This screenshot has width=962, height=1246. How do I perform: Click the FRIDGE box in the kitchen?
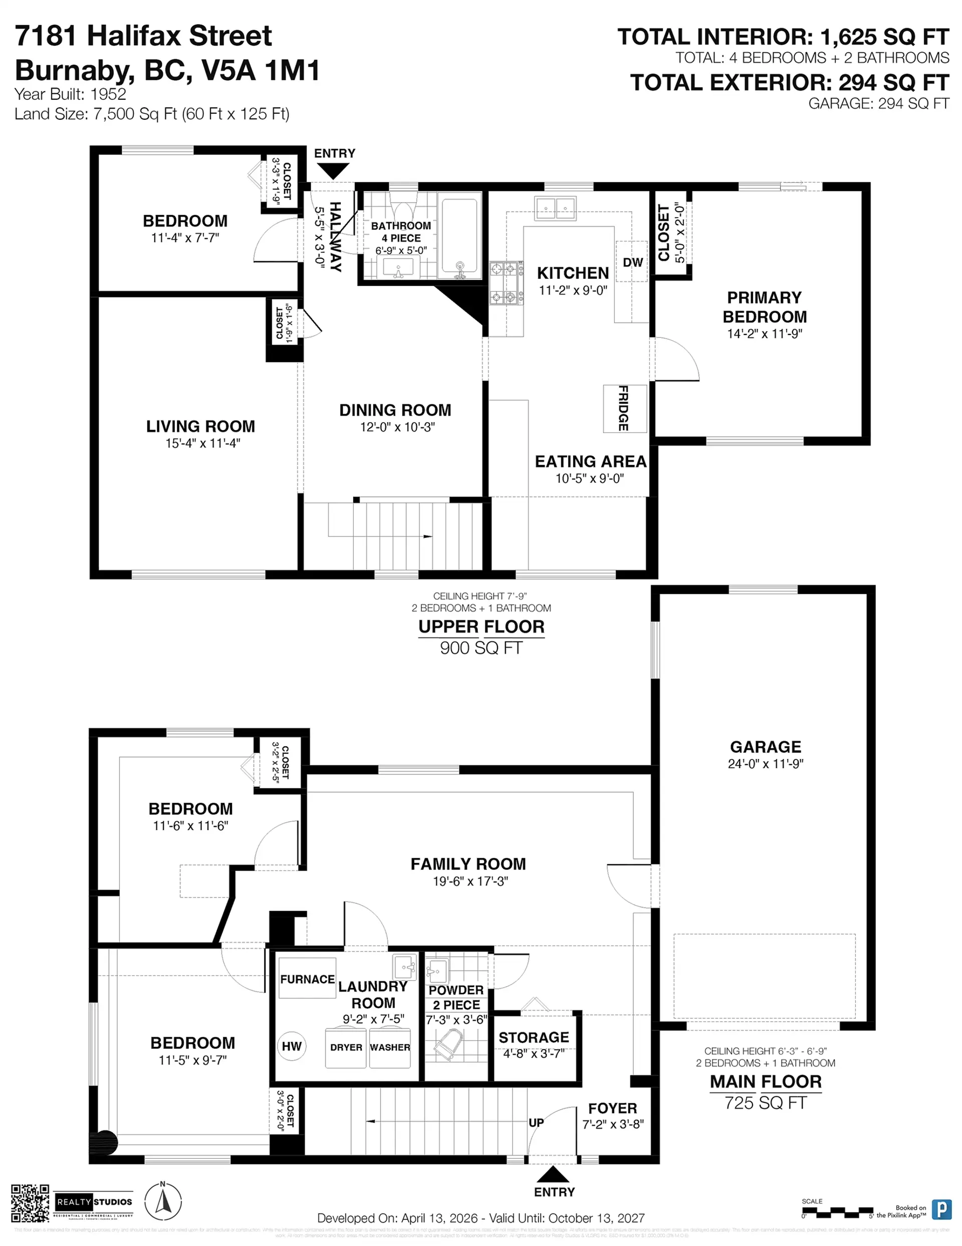pos(625,409)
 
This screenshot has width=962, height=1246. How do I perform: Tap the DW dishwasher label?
pos(632,262)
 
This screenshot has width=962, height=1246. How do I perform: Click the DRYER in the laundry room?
pos(346,1047)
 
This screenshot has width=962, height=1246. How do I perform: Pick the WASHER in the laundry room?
pos(390,1047)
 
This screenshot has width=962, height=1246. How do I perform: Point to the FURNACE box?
pos(307,979)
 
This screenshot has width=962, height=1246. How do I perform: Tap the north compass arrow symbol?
pos(163,1203)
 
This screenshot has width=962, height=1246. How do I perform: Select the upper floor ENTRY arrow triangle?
pos(333,170)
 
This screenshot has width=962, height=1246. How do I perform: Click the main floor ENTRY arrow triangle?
pos(553,1174)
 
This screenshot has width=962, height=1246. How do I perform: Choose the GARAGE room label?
pos(765,747)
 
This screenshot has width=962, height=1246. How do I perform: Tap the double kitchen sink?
pos(556,208)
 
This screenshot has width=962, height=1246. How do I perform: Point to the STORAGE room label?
pos(534,1037)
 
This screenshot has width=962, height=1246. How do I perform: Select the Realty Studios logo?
pos(94,1202)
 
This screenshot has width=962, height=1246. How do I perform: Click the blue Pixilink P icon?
pos(941,1209)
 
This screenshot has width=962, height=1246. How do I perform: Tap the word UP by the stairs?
pos(536,1122)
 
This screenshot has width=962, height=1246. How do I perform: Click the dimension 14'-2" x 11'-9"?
pos(764,334)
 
